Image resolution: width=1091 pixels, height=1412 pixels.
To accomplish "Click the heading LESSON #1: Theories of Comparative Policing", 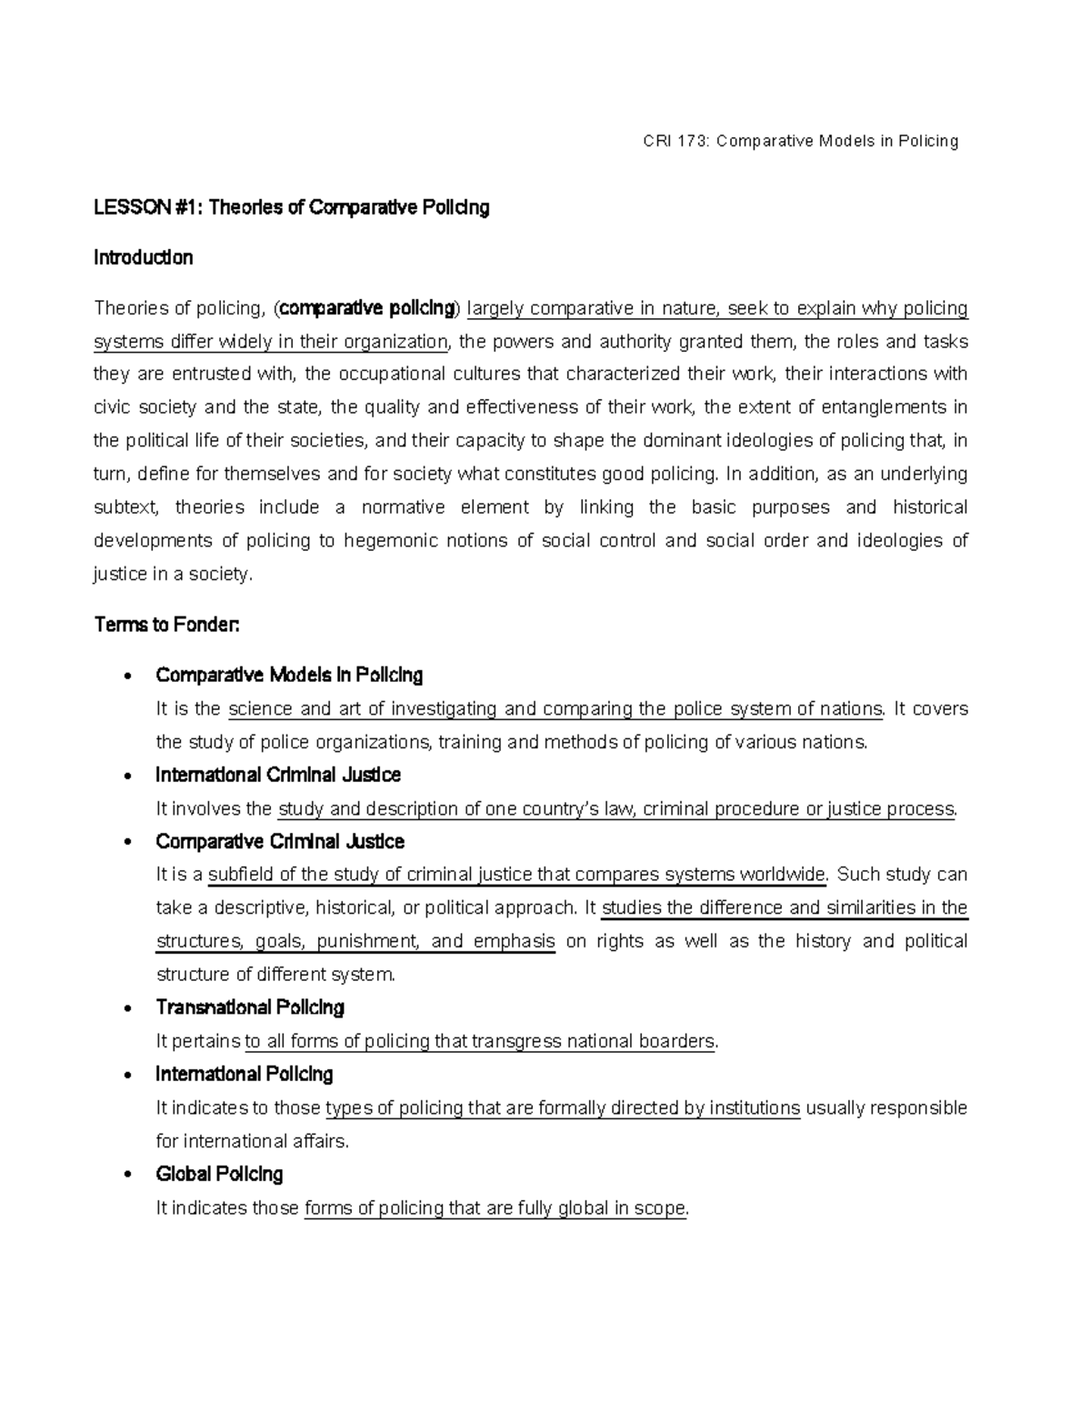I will (x=291, y=208).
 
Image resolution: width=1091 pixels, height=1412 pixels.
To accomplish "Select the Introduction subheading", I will (x=143, y=258).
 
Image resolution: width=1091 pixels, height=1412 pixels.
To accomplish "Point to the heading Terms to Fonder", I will (x=166, y=626).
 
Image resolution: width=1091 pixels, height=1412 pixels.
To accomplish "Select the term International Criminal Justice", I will (x=277, y=776).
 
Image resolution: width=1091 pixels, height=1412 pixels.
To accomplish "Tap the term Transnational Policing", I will (x=250, y=1007).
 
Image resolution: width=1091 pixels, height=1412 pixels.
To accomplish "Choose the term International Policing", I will (x=244, y=1075).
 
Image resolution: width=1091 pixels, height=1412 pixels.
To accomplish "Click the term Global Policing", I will (x=219, y=1175).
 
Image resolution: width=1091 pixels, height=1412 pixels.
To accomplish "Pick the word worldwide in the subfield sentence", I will (x=781, y=875).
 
